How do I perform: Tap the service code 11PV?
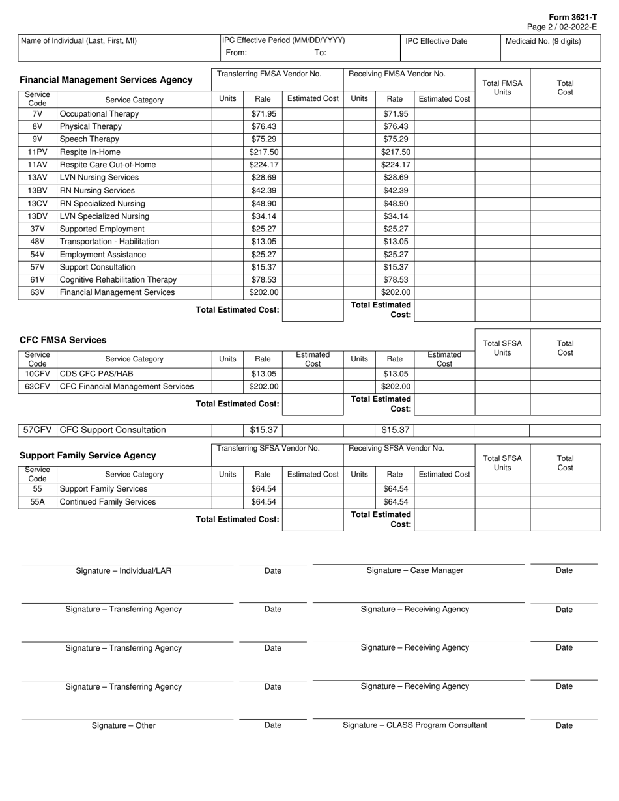(37, 152)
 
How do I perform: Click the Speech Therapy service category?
(89, 139)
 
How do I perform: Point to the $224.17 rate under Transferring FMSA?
(263, 165)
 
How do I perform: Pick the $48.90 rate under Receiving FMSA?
(396, 203)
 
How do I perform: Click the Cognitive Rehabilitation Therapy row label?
(118, 280)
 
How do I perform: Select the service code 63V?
(37, 292)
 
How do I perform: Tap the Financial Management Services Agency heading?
(106, 80)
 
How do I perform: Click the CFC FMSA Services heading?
(63, 340)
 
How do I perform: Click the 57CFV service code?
(37, 430)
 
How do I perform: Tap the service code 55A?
(37, 502)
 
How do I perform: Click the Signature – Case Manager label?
(414, 570)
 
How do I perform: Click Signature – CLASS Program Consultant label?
(414, 725)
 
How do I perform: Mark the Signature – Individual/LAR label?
(123, 571)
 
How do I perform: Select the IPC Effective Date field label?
(436, 41)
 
